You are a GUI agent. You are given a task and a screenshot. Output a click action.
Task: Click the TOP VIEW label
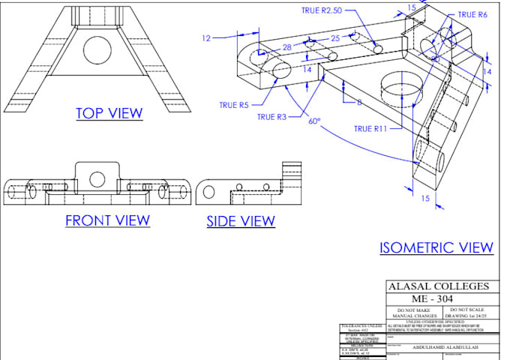pos(109,113)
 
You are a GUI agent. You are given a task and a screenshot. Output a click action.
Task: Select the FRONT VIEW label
pos(107,220)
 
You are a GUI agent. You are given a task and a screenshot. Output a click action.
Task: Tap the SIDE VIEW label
pos(241,221)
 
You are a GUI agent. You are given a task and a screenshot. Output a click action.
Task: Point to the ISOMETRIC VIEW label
pos(436,247)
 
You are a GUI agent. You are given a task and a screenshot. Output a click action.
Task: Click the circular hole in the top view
pos(97,49)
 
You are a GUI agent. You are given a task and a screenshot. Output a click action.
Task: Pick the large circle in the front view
pos(97,178)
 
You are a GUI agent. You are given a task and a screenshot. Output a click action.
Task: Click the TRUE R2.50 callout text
pos(322,11)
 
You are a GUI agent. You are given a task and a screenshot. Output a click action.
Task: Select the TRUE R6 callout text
pos(472,14)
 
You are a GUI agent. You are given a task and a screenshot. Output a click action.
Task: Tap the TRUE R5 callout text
pos(233,106)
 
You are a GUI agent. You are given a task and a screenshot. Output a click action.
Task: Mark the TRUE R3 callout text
pos(271,117)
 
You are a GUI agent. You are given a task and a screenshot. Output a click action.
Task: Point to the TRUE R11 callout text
pos(370,129)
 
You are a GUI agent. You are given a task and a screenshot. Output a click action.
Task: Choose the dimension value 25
pos(335,37)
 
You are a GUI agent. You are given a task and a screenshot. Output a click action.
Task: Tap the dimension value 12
pos(207,37)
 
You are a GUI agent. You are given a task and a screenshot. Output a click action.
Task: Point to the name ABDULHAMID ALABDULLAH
pos(439,347)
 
